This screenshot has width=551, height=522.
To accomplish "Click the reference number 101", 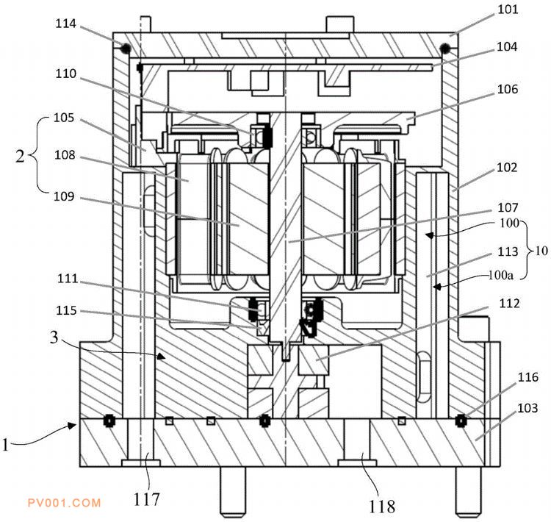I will (x=508, y=10).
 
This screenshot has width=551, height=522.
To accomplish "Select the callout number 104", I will (x=508, y=46).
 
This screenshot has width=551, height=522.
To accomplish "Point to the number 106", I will (x=508, y=90).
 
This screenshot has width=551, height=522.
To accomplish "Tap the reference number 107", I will (x=508, y=207).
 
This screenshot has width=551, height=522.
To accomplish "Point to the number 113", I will (x=508, y=251).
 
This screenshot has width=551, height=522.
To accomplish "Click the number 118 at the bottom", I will (x=381, y=506).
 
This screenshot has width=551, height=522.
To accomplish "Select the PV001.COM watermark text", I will (x=63, y=503).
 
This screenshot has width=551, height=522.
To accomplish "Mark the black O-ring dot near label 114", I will (x=126, y=49).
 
